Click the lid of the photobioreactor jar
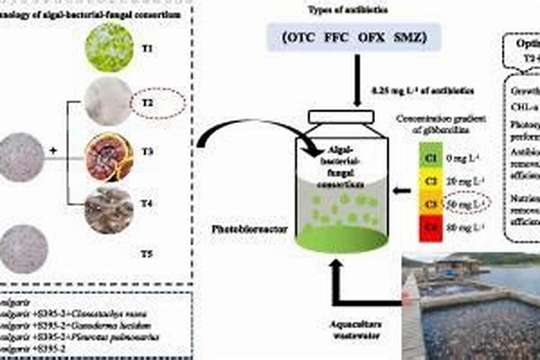[x=342, y=116]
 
